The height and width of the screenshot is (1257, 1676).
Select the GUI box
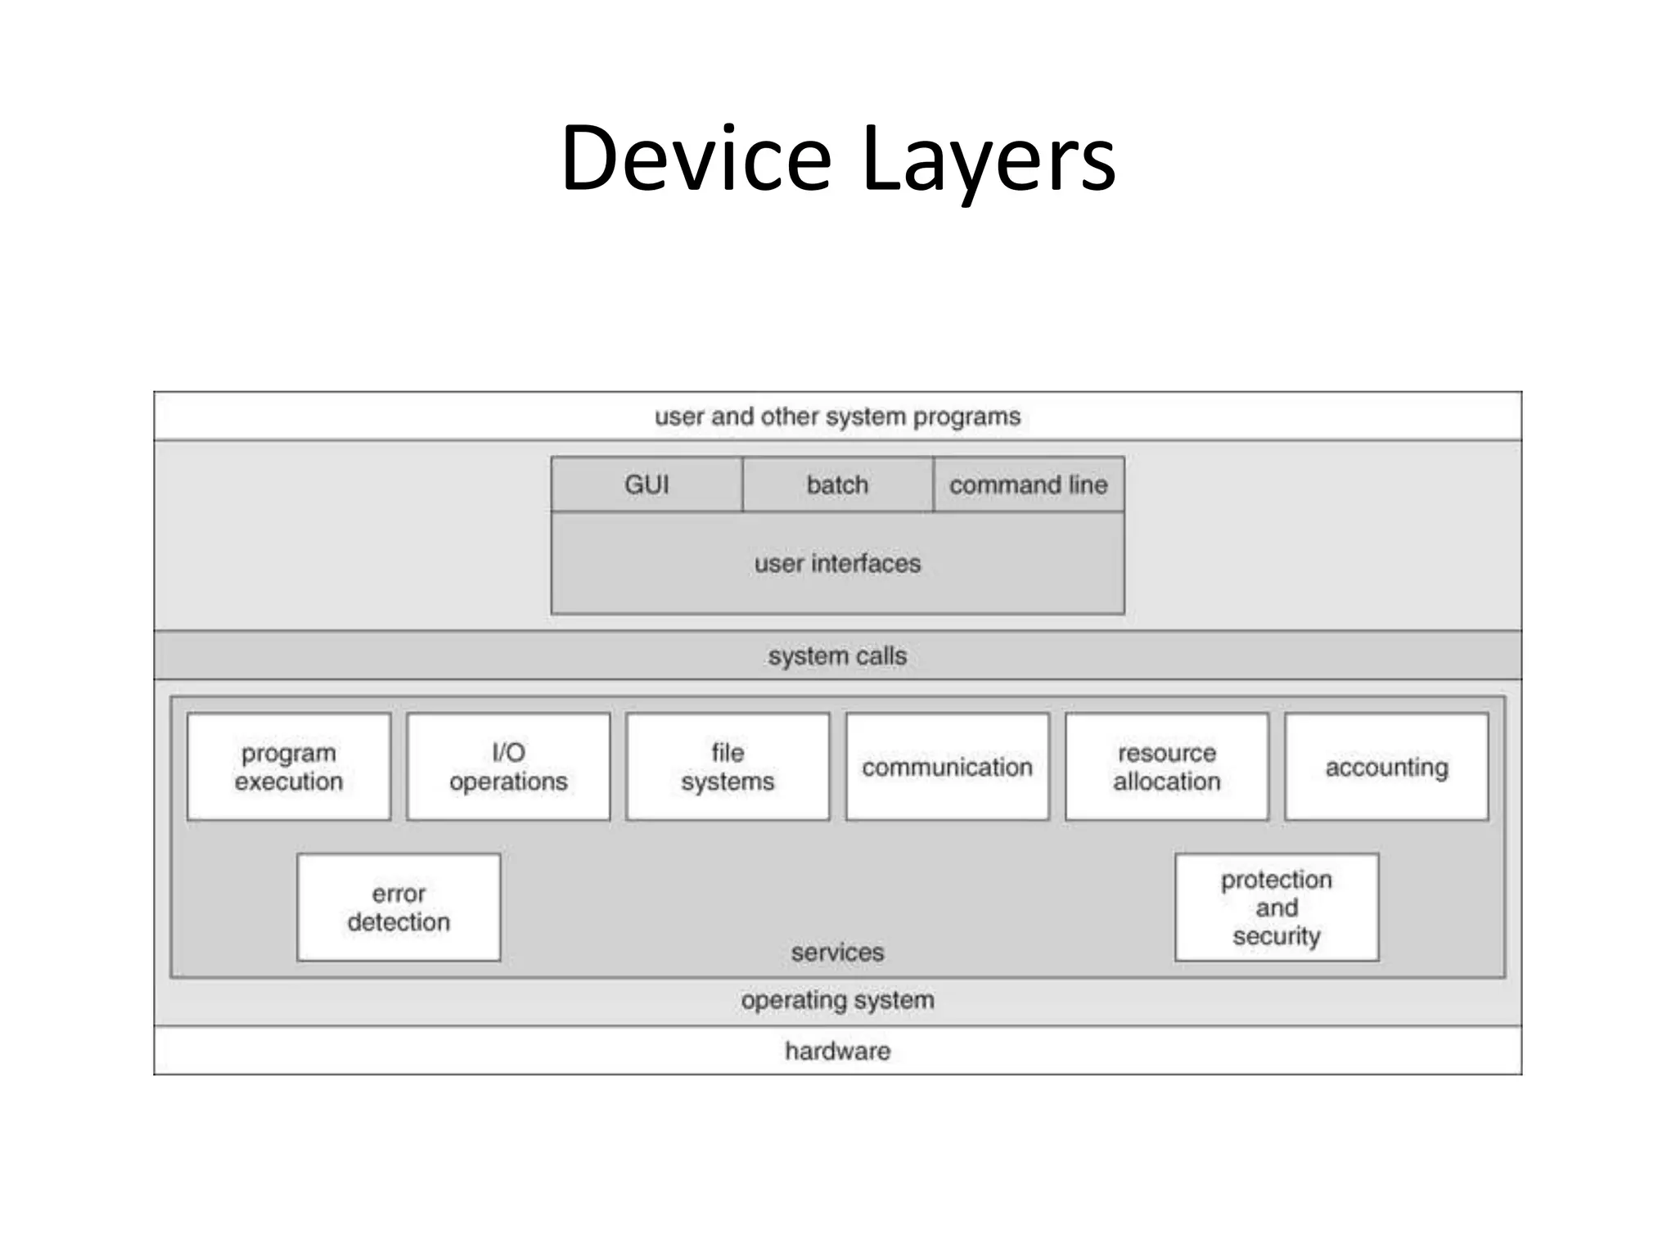[x=647, y=484]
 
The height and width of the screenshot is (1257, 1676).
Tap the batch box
[x=837, y=484]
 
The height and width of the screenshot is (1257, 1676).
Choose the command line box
[x=1028, y=484]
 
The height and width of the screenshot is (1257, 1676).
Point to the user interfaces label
[x=837, y=563]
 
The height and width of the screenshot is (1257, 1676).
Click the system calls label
[x=837, y=656]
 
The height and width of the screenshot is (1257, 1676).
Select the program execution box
[x=288, y=767]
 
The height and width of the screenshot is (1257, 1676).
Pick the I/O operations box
[x=508, y=767]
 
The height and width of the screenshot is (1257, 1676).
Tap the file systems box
[x=728, y=767]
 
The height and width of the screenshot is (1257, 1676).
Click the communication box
[x=947, y=767]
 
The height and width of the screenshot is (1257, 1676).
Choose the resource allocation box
[x=1166, y=767]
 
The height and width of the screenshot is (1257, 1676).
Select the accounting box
[x=1386, y=767]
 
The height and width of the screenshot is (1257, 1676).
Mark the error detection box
[x=399, y=907]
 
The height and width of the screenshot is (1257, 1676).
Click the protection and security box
[x=1276, y=907]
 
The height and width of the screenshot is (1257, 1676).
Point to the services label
[x=837, y=952]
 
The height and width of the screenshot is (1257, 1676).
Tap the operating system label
[x=837, y=1000]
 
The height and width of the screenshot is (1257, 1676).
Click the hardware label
[x=837, y=1050]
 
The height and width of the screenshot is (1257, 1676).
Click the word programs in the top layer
[x=966, y=417]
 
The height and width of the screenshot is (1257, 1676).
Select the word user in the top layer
[x=678, y=417]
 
